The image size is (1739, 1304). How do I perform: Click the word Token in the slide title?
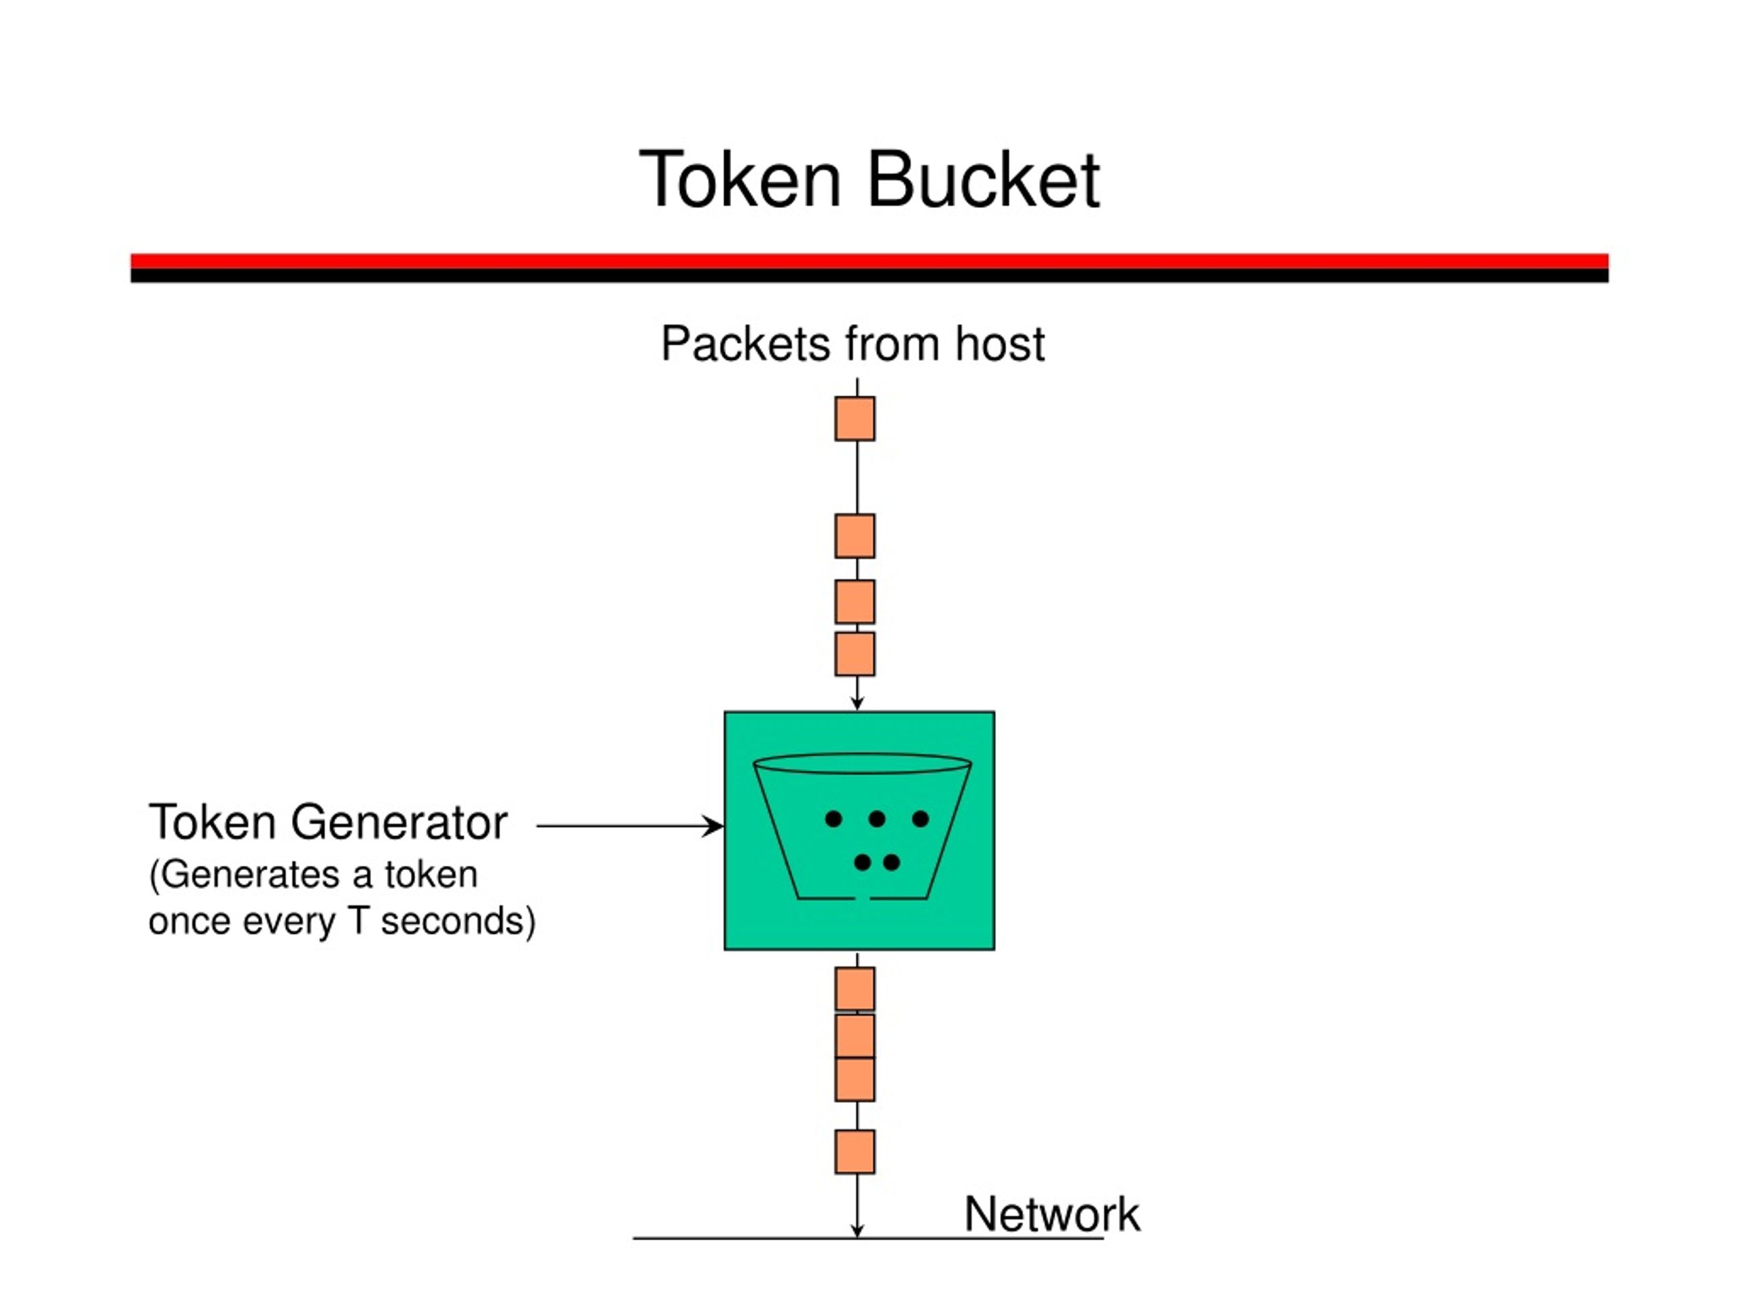click(x=740, y=180)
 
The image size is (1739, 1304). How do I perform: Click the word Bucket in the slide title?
click(x=983, y=180)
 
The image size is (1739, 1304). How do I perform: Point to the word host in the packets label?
click(x=999, y=344)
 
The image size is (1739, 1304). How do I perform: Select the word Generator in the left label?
click(x=399, y=822)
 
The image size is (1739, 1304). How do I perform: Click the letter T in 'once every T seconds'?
click(x=359, y=920)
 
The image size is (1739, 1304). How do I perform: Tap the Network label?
click(x=1052, y=1214)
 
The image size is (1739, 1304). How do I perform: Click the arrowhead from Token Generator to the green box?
click(x=713, y=826)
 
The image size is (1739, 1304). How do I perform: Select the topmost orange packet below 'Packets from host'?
click(x=855, y=418)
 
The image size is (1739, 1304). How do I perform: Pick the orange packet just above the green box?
click(x=855, y=654)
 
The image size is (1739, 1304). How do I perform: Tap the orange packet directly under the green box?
click(x=855, y=989)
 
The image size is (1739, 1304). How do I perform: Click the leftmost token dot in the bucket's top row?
click(x=833, y=819)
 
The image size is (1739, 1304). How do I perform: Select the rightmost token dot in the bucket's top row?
click(x=920, y=819)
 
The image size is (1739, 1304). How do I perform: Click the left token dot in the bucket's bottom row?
click(x=863, y=863)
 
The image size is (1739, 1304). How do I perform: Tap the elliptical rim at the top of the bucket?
click(x=863, y=774)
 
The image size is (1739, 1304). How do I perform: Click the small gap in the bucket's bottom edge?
click(x=863, y=898)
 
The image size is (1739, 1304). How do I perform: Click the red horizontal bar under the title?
click(x=869, y=261)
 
